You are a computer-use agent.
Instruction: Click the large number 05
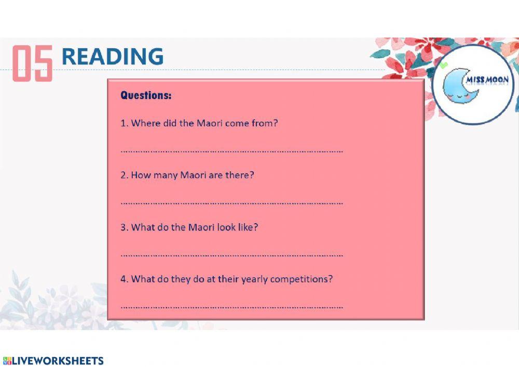pos(32,63)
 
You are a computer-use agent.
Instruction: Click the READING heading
pos(112,56)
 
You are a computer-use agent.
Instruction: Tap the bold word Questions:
pos(146,96)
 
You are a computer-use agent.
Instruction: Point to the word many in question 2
pos(165,175)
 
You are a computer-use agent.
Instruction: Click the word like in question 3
pos(247,227)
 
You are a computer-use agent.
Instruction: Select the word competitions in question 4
pos(302,279)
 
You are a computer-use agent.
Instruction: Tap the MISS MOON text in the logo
pos(487,80)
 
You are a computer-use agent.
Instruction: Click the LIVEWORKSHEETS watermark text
pos(58,361)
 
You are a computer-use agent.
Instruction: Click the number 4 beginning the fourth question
pos(124,279)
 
